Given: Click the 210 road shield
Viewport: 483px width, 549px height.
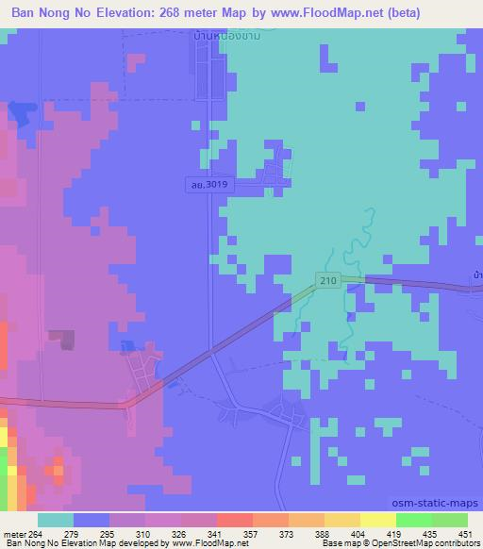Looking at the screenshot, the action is pyautogui.click(x=327, y=282).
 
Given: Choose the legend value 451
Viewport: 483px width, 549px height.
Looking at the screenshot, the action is pyautogui.click(x=463, y=534).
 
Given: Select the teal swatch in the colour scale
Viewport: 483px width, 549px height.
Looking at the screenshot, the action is pyautogui.click(x=55, y=520).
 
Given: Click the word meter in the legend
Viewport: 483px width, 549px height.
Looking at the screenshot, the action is pyautogui.click(x=15, y=534).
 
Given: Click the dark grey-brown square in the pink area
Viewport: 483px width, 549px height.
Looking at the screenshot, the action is pyautogui.click(x=62, y=340).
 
